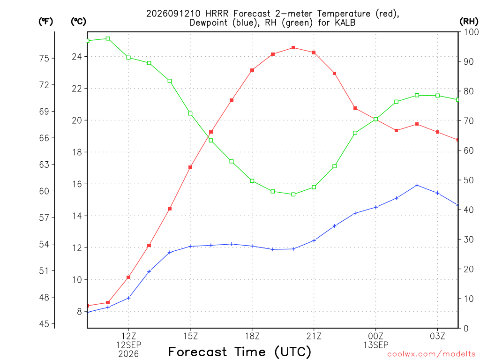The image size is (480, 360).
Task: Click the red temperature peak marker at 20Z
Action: tap(293, 48)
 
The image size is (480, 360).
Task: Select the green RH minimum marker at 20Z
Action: tap(293, 195)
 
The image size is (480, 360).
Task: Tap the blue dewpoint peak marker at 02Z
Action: tap(417, 185)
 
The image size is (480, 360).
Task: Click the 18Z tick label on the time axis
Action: tap(252, 336)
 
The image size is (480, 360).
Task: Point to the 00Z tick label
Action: tap(375, 336)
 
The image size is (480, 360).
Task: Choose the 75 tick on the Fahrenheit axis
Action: tap(44, 58)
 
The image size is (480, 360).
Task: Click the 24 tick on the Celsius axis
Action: tap(77, 57)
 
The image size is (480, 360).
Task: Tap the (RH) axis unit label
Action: tap(469, 22)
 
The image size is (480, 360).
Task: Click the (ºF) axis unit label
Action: tap(45, 22)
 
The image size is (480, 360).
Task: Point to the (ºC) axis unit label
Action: tap(78, 22)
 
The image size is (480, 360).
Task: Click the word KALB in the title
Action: tap(344, 22)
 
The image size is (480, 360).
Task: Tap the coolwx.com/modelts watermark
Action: tap(431, 354)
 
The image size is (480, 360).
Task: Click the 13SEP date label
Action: tap(375, 345)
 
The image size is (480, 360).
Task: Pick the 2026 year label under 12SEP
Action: tap(128, 354)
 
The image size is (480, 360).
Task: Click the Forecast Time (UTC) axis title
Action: tap(240, 352)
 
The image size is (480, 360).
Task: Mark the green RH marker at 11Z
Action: tap(108, 38)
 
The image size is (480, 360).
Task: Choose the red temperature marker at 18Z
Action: tap(252, 70)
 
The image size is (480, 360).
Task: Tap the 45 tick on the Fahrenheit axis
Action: tap(44, 324)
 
